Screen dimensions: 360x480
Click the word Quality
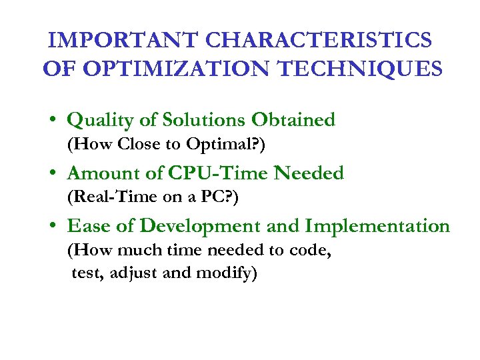(x=99, y=120)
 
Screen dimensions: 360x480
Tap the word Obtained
(x=293, y=120)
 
